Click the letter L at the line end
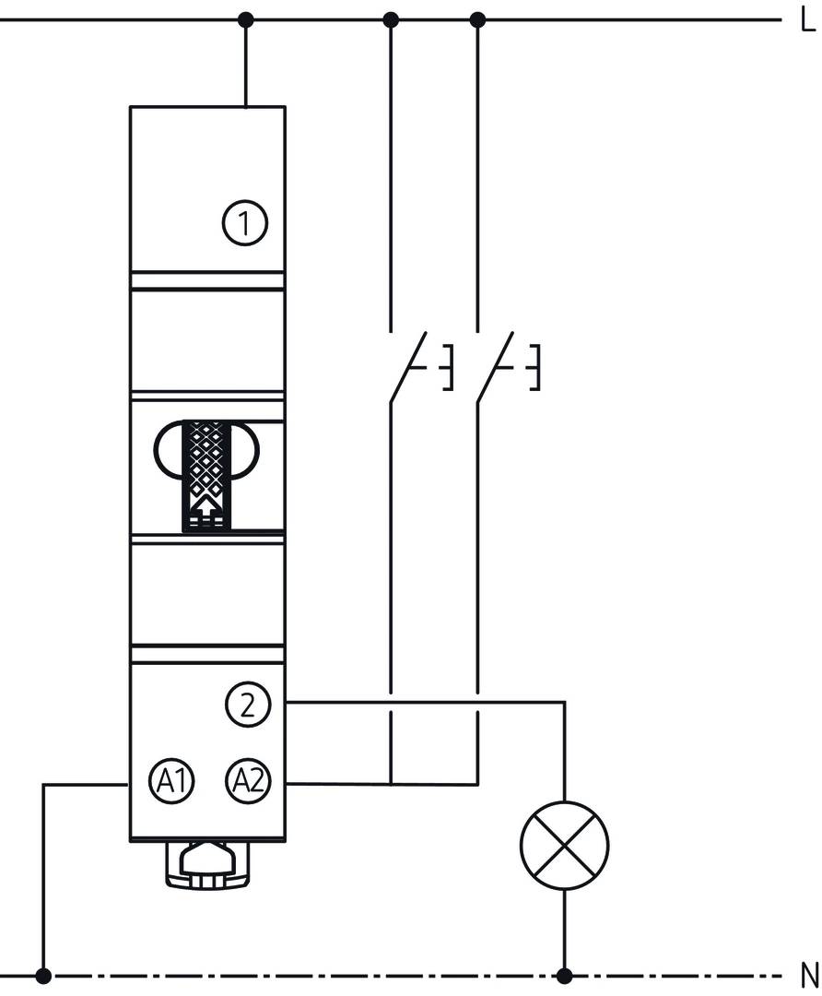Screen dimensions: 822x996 (806, 21)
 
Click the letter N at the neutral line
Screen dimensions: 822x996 (809, 975)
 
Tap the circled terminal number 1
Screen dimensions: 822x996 (245, 223)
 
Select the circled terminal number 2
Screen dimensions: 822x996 (248, 705)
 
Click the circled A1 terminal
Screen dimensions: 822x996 (171, 781)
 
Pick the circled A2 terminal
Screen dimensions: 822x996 (248, 781)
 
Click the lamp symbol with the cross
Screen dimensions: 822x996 (564, 845)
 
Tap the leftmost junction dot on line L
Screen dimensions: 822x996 (246, 20)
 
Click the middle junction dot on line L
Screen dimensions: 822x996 (391, 20)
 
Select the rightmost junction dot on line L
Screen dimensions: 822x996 (477, 20)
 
